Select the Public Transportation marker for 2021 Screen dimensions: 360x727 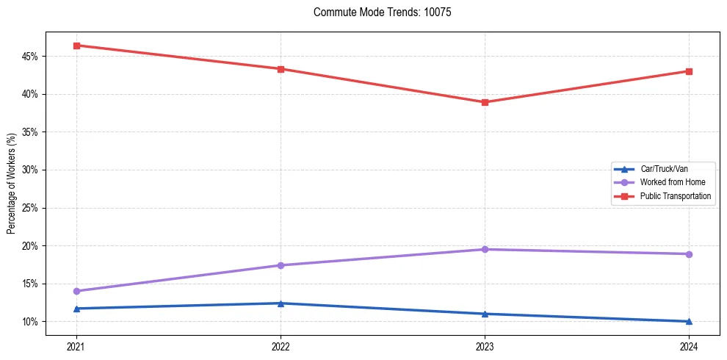point(76,46)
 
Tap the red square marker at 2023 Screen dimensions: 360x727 point(485,102)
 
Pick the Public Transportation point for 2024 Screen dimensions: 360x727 point(689,71)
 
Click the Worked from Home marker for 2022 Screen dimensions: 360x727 point(281,265)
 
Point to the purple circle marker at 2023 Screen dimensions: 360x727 point(485,249)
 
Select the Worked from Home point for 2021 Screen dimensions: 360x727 point(76,291)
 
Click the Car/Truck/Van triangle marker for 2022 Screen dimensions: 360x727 point(281,303)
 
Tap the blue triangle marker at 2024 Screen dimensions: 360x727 point(689,321)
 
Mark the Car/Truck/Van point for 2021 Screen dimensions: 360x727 point(76,309)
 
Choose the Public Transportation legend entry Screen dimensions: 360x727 point(675,196)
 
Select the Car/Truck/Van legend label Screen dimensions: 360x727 point(664,169)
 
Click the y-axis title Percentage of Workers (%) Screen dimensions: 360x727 point(11,184)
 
